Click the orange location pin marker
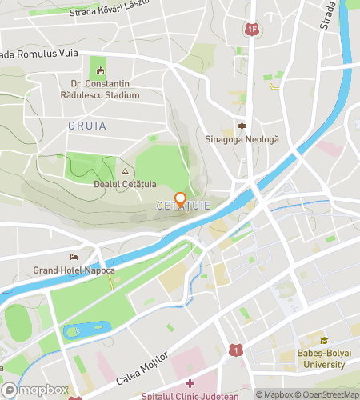pos(181,199)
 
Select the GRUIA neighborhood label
pos(87,126)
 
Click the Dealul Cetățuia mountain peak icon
pos(124,171)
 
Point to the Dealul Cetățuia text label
pos(124,185)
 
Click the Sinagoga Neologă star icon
pos(241,126)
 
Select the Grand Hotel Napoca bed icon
pos(74,258)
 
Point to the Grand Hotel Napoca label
pos(75,270)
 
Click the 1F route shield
pos(252,30)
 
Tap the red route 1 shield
pos(236,350)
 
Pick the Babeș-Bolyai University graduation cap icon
pos(324,339)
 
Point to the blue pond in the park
pos(86,329)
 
